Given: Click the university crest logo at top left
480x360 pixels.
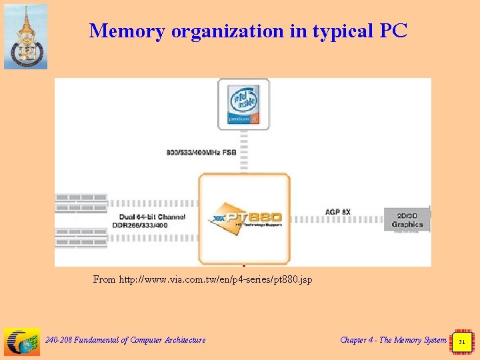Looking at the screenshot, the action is pyautogui.click(x=25, y=37).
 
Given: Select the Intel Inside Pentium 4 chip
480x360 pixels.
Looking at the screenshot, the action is pyautogui.click(x=243, y=103).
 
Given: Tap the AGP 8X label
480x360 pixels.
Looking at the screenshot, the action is pyautogui.click(x=338, y=212).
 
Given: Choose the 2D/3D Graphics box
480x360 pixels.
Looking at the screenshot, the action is pyautogui.click(x=407, y=221).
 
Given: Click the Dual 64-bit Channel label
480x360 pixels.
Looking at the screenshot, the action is pyautogui.click(x=152, y=217).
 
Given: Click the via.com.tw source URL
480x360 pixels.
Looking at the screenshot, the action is pyautogui.click(x=215, y=279).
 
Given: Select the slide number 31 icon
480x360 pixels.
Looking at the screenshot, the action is pyautogui.click(x=461, y=341).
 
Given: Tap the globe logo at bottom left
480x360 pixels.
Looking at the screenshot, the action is pyautogui.click(x=22, y=341).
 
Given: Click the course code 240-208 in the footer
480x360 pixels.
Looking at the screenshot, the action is pyautogui.click(x=58, y=340).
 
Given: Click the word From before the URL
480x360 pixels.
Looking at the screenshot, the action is pyautogui.click(x=105, y=279).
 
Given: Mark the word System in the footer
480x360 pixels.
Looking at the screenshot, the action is pyautogui.click(x=434, y=340).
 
